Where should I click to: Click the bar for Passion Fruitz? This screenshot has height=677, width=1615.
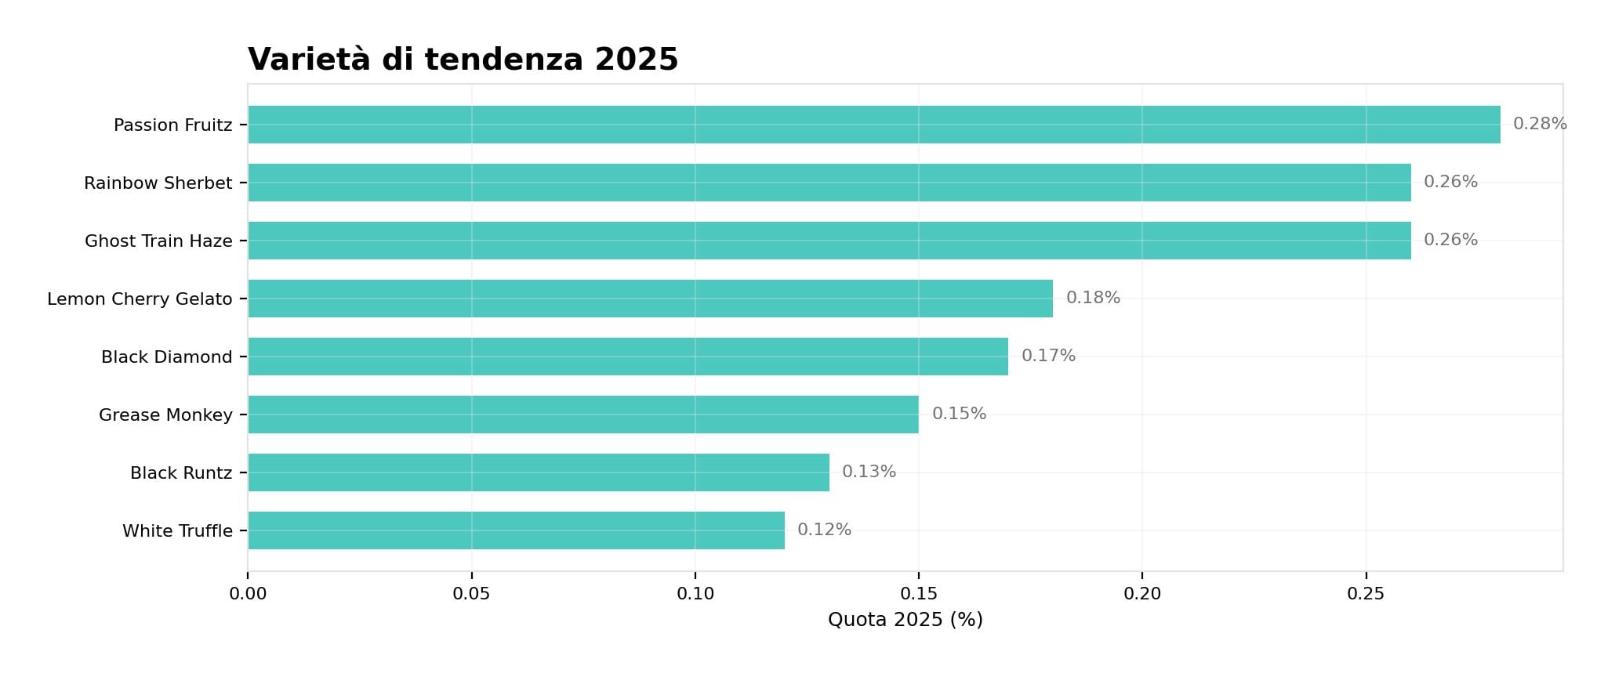coord(874,125)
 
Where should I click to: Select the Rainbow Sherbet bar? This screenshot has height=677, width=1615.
coord(829,183)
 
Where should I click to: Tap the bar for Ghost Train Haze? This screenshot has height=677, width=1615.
coord(829,241)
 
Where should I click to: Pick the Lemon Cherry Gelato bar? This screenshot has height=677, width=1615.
coord(651,299)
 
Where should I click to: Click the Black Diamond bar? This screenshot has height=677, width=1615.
coord(628,357)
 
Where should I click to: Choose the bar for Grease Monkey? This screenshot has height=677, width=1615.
coord(583,415)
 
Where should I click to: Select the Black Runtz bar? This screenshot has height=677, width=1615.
coord(539,472)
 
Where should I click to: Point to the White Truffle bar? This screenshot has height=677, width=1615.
coord(516,530)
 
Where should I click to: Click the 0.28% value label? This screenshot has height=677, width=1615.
coord(1539,124)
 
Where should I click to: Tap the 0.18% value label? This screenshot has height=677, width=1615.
coord(1093,298)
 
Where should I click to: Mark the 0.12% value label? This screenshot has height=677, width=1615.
coord(824,530)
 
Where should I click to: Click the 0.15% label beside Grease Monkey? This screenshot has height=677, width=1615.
coord(959,414)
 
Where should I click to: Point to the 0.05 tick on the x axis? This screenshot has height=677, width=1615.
coord(471,594)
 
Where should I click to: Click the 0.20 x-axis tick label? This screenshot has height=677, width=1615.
coord(1141,594)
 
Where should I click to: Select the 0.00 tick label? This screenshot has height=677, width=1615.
coord(248,594)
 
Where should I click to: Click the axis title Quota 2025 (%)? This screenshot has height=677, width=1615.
coord(905,620)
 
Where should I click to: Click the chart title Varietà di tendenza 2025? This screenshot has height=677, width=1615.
coord(463,60)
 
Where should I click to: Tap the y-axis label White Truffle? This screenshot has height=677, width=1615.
coord(177,531)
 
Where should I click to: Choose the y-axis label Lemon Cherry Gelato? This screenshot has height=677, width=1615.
coord(140,299)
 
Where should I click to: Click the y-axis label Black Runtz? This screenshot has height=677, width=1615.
coord(181,473)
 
